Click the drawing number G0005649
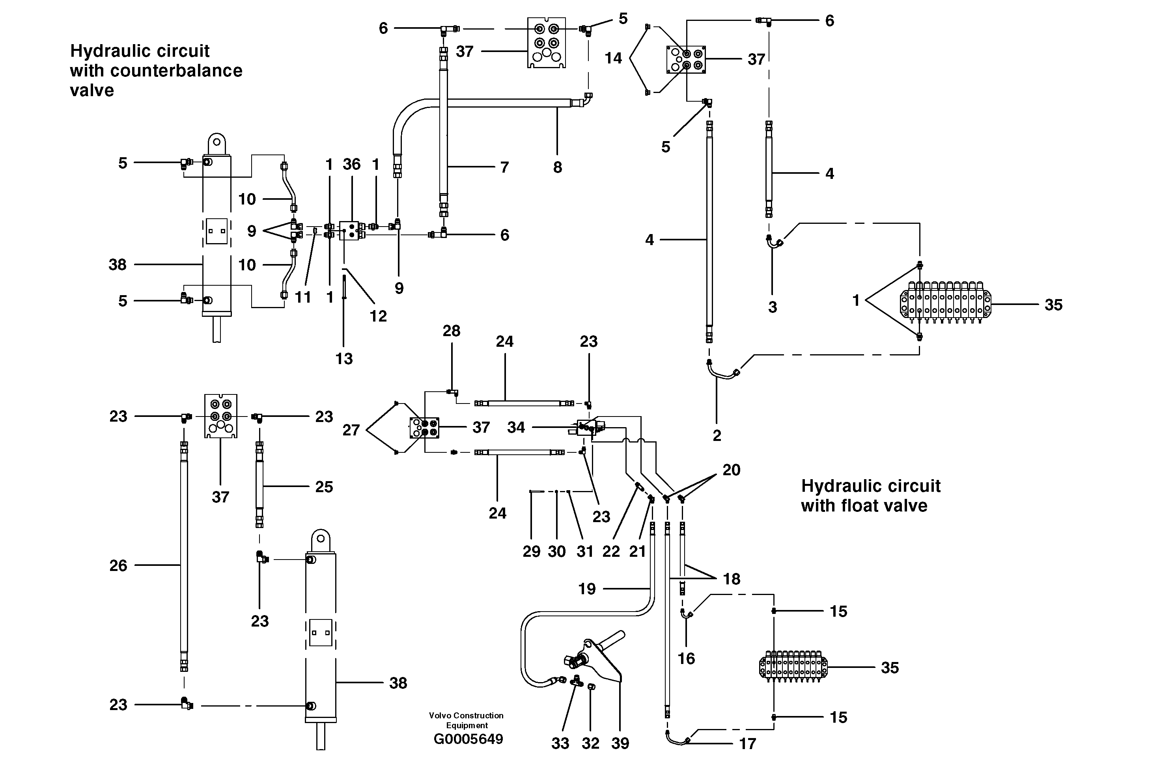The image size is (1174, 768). [x=468, y=739]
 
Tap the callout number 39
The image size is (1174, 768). [x=620, y=743]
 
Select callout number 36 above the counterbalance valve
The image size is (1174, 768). [x=351, y=164]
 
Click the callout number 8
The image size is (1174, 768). [x=557, y=167]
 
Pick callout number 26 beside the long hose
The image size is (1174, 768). [x=118, y=565]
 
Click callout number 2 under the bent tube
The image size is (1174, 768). [x=717, y=435]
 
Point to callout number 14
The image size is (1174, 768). [x=613, y=58]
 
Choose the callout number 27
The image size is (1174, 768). [x=351, y=430]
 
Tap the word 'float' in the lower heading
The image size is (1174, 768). [x=865, y=506]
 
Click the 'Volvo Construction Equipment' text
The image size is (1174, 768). [x=466, y=720]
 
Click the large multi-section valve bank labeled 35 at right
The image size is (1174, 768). [x=944, y=302]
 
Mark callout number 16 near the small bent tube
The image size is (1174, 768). [x=686, y=658]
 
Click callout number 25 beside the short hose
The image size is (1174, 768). [x=324, y=487]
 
